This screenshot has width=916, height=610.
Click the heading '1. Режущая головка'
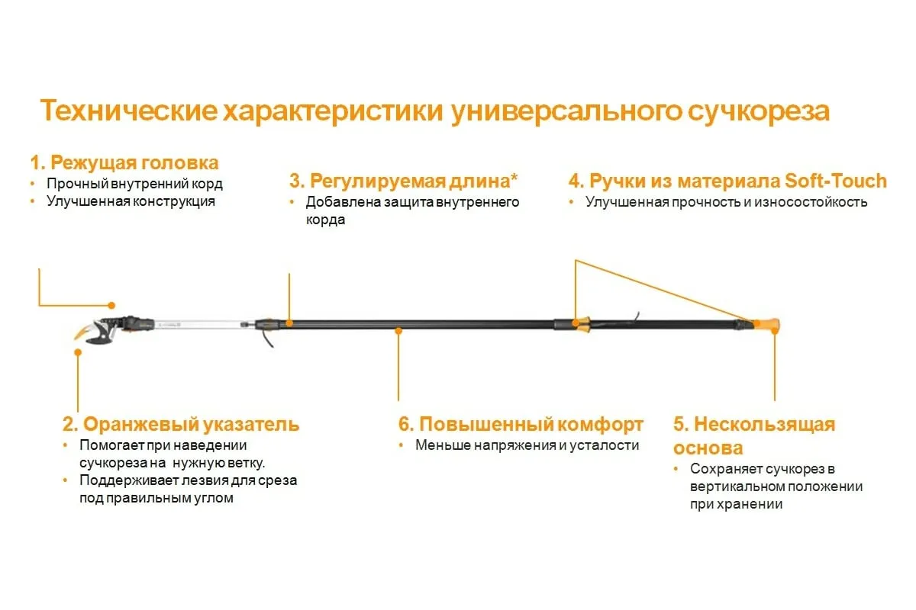pos(124,162)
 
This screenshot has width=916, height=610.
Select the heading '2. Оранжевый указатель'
pos(181,425)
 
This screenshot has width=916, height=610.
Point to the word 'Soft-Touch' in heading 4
pos(835,181)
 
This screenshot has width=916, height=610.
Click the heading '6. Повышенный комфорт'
pos(521,425)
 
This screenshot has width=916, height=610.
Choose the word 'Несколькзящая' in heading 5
pos(764,425)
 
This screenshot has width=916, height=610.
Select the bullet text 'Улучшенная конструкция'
pos(131,202)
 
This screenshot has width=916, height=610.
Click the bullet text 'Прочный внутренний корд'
pos(134,184)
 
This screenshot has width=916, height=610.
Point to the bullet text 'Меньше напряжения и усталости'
pos(527,445)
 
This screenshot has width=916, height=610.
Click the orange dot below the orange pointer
pos(77,352)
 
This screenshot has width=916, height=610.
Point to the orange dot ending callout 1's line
pos(111,305)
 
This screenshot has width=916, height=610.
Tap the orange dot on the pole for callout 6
pos(398,330)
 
